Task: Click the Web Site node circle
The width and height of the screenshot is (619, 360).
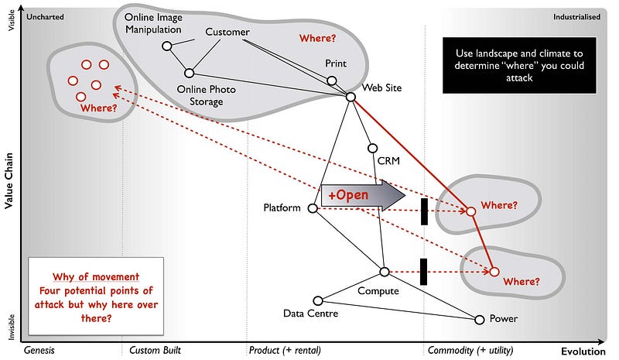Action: [351, 97]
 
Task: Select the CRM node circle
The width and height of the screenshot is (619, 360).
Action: [372, 148]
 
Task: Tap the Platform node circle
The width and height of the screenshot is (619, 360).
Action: [313, 208]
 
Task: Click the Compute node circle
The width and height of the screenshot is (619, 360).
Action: [385, 271]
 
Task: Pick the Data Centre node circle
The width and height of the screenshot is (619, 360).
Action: [317, 300]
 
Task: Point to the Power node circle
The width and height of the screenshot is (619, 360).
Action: [479, 319]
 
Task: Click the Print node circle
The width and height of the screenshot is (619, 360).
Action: [331, 81]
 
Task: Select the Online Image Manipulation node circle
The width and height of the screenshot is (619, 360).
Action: [166, 46]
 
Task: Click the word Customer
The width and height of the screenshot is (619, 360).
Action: [227, 32]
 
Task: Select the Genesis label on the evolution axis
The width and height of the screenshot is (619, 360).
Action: [40, 350]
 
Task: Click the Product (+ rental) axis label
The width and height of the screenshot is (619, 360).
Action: [285, 350]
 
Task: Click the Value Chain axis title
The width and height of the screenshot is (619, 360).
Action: [9, 180]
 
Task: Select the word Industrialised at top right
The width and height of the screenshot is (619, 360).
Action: [576, 16]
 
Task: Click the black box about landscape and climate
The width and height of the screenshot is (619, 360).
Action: [515, 65]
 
